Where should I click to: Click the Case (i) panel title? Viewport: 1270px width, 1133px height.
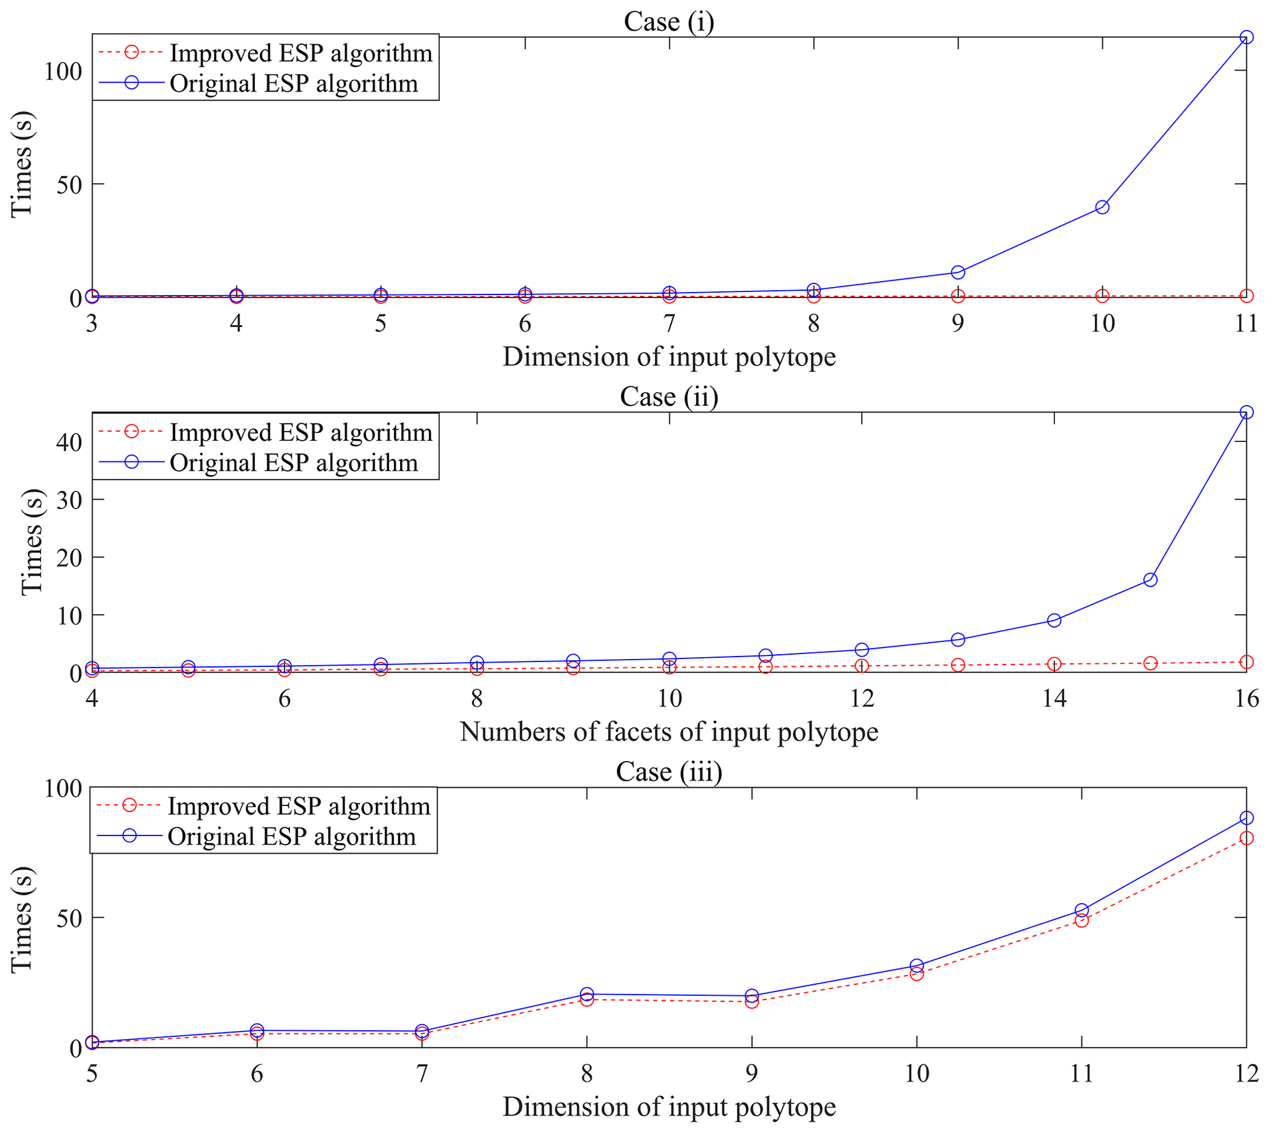(x=668, y=22)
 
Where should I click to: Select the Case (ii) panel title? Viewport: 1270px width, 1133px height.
(x=668, y=397)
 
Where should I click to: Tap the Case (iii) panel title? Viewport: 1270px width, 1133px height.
(x=668, y=772)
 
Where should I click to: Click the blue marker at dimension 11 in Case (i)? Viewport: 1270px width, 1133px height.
(x=1246, y=38)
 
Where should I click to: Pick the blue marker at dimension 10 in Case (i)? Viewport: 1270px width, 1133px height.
(x=1102, y=207)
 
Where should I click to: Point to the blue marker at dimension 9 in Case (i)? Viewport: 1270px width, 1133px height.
(x=958, y=272)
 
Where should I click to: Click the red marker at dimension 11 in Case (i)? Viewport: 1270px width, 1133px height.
(x=1246, y=296)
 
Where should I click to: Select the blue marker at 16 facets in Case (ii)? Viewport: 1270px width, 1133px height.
(x=1246, y=412)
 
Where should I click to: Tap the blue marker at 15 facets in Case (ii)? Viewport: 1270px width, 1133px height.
(x=1150, y=580)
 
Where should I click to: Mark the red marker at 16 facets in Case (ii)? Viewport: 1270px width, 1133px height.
(x=1246, y=661)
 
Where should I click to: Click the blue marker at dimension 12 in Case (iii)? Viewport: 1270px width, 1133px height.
(x=1246, y=818)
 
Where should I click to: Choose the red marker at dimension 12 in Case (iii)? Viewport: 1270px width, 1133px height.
(x=1246, y=838)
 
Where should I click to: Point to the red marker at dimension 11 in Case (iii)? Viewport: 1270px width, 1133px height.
(x=1081, y=920)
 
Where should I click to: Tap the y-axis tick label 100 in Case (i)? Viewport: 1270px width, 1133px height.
(x=63, y=71)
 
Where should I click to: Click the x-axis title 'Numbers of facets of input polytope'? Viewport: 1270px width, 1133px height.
(x=668, y=732)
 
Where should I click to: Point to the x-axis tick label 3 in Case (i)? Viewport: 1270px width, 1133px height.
(x=92, y=324)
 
